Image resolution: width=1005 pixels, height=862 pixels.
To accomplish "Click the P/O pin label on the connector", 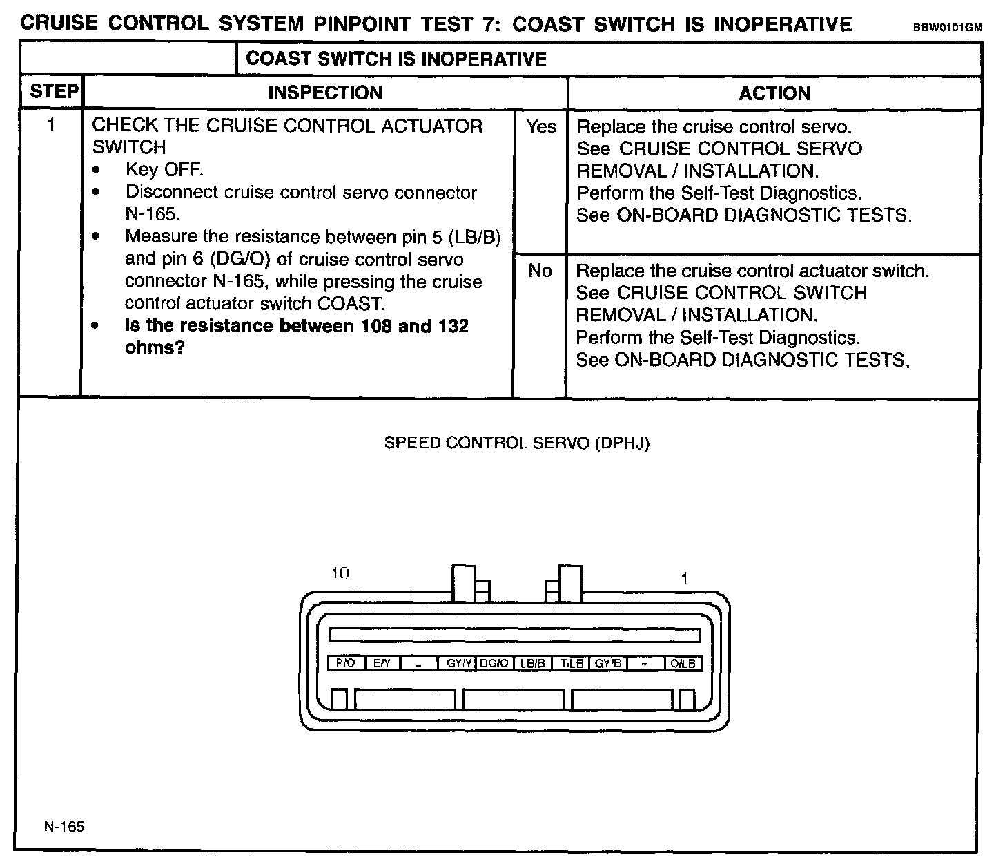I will [345, 663].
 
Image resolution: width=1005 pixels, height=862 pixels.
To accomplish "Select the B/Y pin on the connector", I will [382, 663].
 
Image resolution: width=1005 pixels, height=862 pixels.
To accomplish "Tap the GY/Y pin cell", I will [458, 663].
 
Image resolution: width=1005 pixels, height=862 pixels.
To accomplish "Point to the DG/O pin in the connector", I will [494, 663].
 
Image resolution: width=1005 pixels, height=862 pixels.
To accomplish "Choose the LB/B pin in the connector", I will [533, 663].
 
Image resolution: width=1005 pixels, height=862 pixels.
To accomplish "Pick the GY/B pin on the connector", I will [608, 663].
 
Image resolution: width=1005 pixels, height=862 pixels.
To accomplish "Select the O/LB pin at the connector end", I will [683, 663].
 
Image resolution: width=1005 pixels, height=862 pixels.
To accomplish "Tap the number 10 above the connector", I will [340, 573].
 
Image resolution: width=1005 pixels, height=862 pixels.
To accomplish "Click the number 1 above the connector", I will [684, 578].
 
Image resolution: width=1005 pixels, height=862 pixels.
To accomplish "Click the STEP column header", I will [53, 92].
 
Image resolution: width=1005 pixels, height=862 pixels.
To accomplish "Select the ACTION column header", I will [774, 93].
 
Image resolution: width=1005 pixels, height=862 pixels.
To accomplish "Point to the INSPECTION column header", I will [324, 93].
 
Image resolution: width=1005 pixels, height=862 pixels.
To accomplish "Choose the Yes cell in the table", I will [541, 126].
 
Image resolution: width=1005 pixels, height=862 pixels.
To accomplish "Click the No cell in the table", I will [540, 271].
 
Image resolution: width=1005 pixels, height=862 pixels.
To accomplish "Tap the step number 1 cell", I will [51, 125].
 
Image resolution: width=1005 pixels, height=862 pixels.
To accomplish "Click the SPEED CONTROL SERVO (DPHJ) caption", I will [517, 443].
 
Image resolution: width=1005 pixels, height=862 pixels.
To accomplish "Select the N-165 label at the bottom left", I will [64, 826].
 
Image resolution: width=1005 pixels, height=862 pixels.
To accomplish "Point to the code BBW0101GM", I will [947, 28].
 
